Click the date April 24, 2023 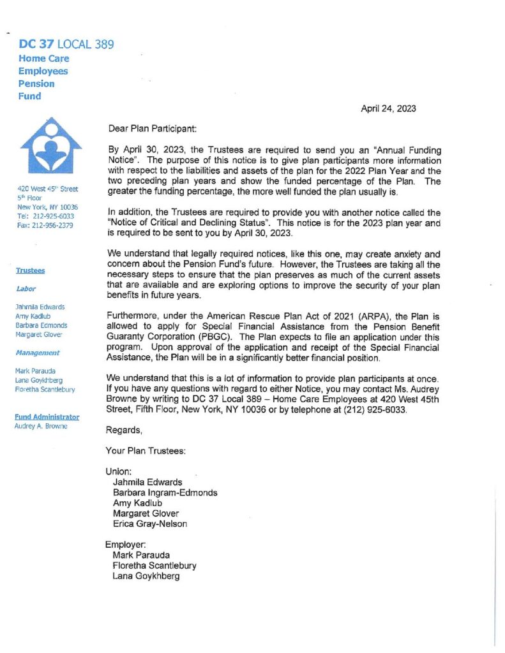388,108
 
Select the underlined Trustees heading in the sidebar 30,270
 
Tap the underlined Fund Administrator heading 47,417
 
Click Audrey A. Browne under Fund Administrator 41,426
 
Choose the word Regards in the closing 124,430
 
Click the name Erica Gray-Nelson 150,524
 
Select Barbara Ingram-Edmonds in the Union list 165,493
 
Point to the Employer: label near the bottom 126,545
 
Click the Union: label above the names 119,472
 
